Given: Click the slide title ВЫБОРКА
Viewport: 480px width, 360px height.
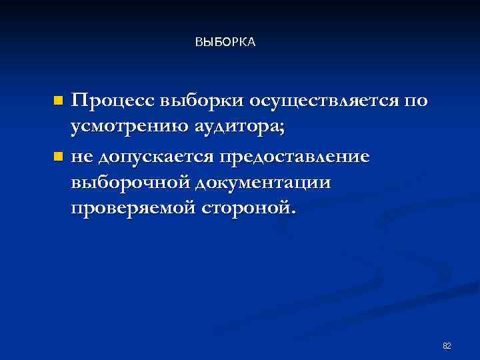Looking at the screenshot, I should tap(225, 43).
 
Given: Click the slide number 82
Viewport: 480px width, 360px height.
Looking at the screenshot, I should tap(447, 345).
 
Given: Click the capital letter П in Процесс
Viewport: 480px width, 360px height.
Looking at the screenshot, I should tap(79, 101).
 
